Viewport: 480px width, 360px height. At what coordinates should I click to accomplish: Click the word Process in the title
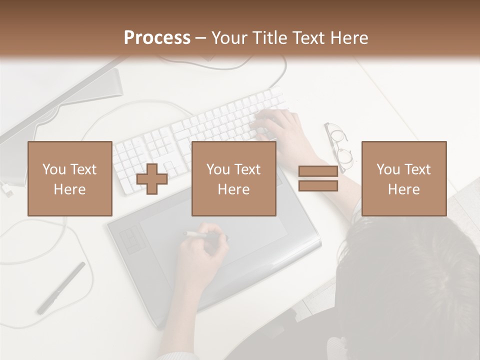[157, 38]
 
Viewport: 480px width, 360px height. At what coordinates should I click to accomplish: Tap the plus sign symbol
[152, 178]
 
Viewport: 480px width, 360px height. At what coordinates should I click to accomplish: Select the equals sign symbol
[318, 178]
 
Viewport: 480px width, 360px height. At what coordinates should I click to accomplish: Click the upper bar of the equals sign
[318, 171]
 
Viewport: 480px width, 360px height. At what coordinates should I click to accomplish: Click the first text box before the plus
[69, 178]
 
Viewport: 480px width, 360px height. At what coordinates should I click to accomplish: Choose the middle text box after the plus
[233, 178]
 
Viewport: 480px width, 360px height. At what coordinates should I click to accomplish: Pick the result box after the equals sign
[403, 178]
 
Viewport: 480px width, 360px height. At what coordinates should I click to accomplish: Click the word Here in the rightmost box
[403, 189]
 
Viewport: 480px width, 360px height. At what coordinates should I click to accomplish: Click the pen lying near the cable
[61, 288]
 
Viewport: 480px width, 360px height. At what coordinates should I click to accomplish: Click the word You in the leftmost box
[53, 169]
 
